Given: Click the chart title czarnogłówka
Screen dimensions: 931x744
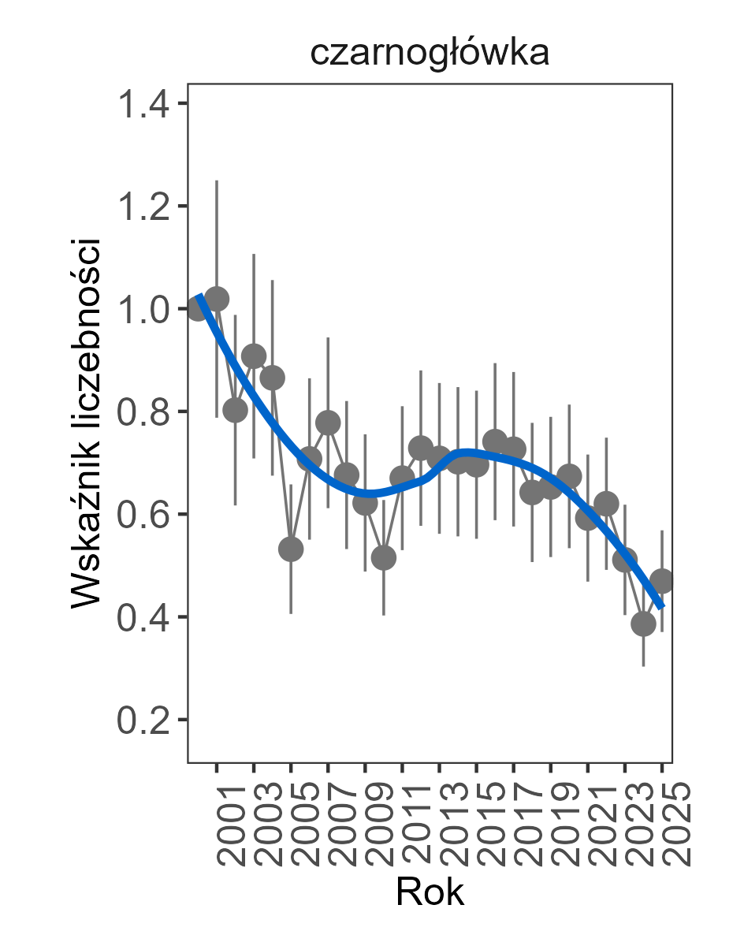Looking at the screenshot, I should coord(429,54).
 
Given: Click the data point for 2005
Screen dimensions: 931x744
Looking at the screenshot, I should coord(291,549).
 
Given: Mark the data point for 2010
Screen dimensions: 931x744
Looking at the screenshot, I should coord(383,558).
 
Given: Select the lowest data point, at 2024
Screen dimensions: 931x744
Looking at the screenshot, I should coord(643,624).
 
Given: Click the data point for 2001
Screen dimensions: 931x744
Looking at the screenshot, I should coord(217,300).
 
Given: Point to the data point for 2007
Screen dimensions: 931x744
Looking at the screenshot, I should coord(328,423).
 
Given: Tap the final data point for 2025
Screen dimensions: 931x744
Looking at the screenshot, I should coord(662,581).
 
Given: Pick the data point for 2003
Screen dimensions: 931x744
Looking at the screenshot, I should coord(254,356).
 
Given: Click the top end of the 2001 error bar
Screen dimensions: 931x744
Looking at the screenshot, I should coord(217,181).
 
